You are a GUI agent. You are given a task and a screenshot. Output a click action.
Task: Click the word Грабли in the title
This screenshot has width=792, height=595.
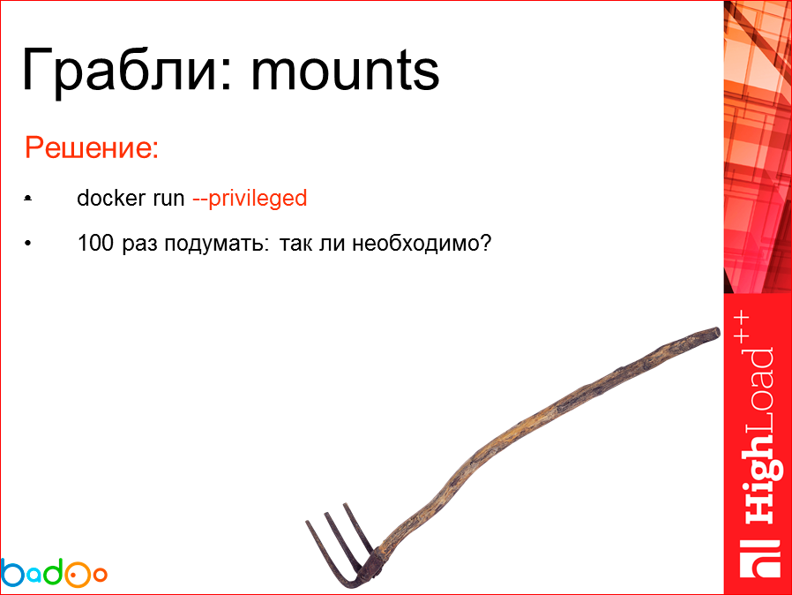(x=118, y=71)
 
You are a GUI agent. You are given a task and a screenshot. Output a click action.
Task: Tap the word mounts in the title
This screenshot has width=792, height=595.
(x=344, y=71)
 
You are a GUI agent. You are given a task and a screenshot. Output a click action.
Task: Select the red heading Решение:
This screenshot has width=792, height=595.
(x=91, y=147)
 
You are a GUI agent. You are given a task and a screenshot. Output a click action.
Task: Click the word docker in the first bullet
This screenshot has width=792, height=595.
(x=106, y=199)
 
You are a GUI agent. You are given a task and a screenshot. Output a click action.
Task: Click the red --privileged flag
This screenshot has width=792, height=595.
(x=249, y=199)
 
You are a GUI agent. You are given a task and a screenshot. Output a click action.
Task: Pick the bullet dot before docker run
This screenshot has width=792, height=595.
(x=29, y=200)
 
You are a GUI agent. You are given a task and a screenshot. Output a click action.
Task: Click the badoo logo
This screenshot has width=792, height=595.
(x=54, y=572)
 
